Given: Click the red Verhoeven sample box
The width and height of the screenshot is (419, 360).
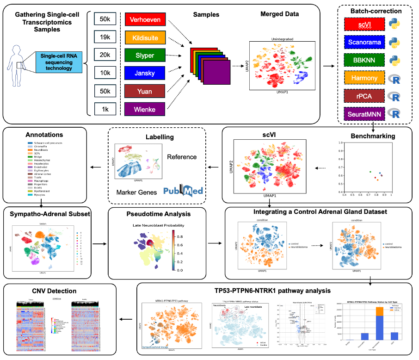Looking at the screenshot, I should pos(146,19).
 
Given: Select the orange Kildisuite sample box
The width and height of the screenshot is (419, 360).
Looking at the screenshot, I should pos(146,37).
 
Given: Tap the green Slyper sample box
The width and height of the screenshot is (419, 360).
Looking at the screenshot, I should pos(146,55).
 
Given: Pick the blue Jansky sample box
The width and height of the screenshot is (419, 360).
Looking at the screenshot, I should pos(146,73).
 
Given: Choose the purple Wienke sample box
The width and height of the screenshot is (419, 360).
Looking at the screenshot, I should pos(146,109).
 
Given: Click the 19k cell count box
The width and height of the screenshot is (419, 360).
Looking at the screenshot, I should pos(105,37).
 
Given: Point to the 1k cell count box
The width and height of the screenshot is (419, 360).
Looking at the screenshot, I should pos(105,109).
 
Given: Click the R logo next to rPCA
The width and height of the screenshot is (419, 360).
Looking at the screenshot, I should pos(394,96).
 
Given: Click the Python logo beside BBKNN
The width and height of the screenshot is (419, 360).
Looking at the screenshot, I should pos(394,60).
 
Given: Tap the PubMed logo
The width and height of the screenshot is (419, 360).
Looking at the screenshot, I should pos(183,190).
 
